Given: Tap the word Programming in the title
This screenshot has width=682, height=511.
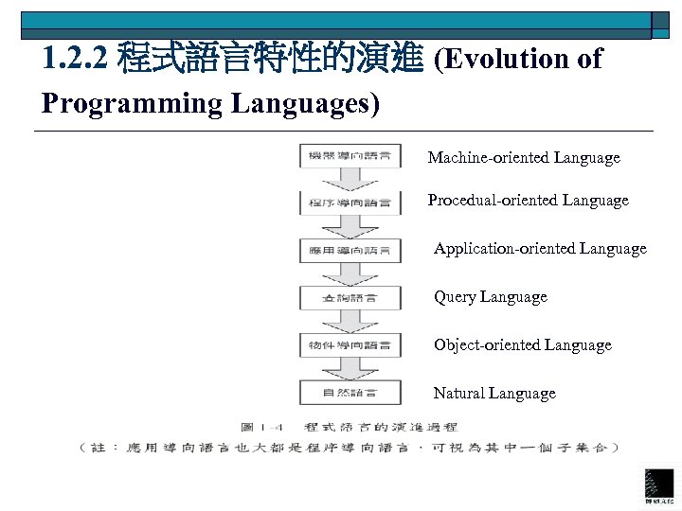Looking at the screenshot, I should coord(124,103).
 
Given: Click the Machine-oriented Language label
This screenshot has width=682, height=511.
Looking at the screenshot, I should coord(524,158).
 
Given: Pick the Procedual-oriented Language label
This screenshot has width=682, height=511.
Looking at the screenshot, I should coord(528,200).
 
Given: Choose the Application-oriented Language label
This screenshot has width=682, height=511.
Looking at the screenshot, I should coord(540,248).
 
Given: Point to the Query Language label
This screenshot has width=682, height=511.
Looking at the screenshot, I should coord(490,296).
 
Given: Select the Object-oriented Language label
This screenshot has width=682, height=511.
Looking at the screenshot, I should coord(522,344).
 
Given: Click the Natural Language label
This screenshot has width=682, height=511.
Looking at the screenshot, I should coord(494,393).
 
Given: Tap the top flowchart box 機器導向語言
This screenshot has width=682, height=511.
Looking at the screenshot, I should coord(350,156).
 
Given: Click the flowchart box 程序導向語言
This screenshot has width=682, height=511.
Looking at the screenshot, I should coord(350,203).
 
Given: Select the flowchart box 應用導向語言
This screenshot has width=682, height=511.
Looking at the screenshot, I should coord(350,250).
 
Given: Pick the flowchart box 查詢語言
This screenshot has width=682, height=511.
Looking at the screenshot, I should coord(350,297).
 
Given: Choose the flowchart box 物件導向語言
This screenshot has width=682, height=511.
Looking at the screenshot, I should coord(350,344).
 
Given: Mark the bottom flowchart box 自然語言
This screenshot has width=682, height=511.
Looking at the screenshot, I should coord(350,392).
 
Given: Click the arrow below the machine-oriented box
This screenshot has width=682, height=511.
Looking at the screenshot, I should coord(350,179).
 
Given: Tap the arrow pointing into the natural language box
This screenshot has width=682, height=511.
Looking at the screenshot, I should coord(350,368).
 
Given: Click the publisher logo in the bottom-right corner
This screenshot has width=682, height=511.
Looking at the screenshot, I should coord(659,485).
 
